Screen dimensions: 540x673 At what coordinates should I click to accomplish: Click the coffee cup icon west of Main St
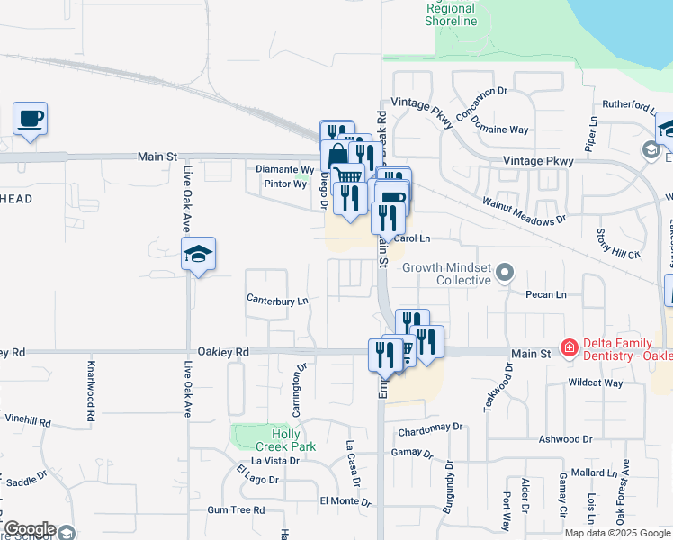[x=30, y=118]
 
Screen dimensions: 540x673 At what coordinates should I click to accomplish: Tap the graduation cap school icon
[x=198, y=255]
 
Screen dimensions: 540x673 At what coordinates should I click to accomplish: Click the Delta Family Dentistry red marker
[x=568, y=346]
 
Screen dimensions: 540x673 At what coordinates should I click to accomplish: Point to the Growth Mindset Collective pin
[x=506, y=272]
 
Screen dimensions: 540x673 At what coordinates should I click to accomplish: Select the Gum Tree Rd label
[x=235, y=509]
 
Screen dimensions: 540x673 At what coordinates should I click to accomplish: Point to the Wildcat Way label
[x=596, y=382]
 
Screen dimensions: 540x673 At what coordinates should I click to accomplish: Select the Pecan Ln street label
[x=547, y=294]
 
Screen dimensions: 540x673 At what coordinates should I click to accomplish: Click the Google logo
[x=30, y=529]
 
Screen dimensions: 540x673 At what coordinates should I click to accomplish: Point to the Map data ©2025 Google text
[x=617, y=533]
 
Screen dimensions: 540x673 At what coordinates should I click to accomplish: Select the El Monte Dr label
[x=339, y=500]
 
